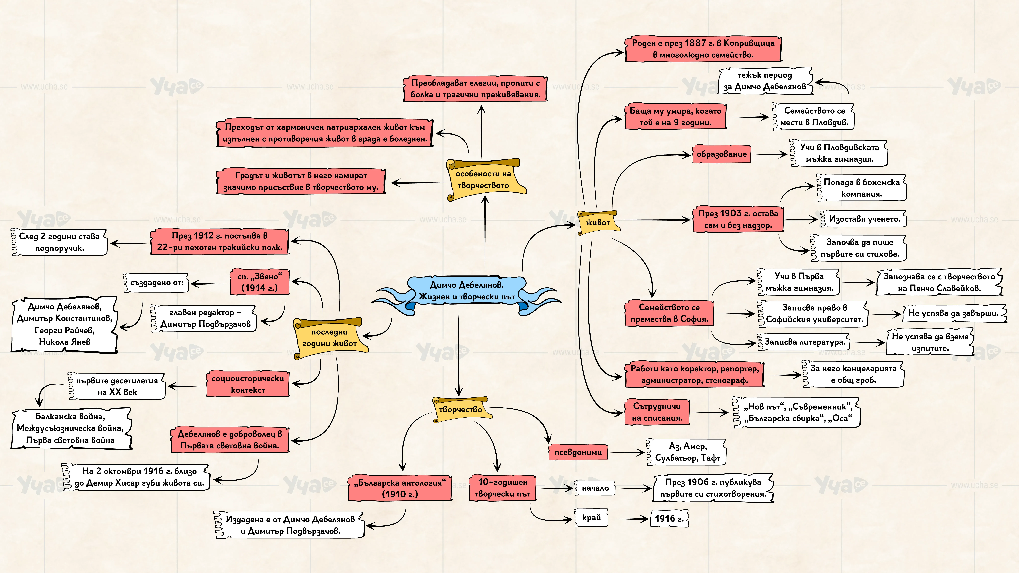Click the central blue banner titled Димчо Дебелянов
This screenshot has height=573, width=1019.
pyautogui.click(x=467, y=291)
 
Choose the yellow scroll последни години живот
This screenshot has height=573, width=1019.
pyautogui.click(x=330, y=337)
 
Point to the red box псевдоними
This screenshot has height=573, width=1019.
pyautogui.click(x=578, y=452)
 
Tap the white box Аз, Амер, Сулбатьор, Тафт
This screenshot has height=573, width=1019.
pyautogui.click(x=687, y=452)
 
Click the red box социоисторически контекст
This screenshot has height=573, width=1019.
pyautogui.click(x=248, y=384)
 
